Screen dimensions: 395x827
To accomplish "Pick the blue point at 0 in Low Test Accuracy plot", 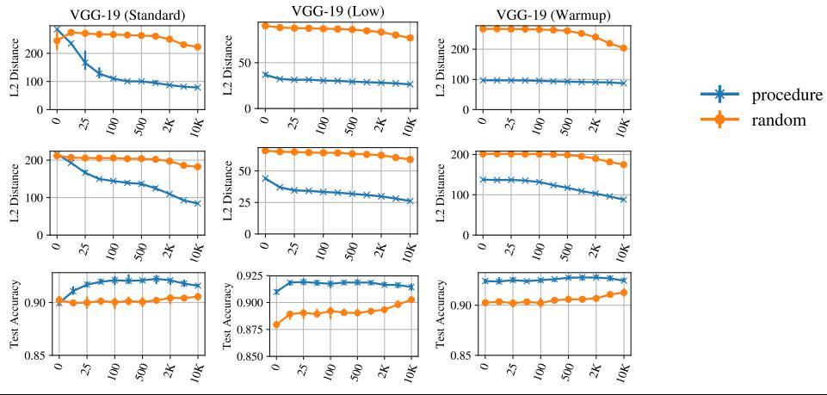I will [x=275, y=292].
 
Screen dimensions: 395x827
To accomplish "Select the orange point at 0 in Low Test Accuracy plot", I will [x=275, y=324].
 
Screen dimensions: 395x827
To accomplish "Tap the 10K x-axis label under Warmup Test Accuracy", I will [x=623, y=371].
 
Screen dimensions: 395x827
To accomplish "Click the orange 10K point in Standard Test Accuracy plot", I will [x=198, y=296].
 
